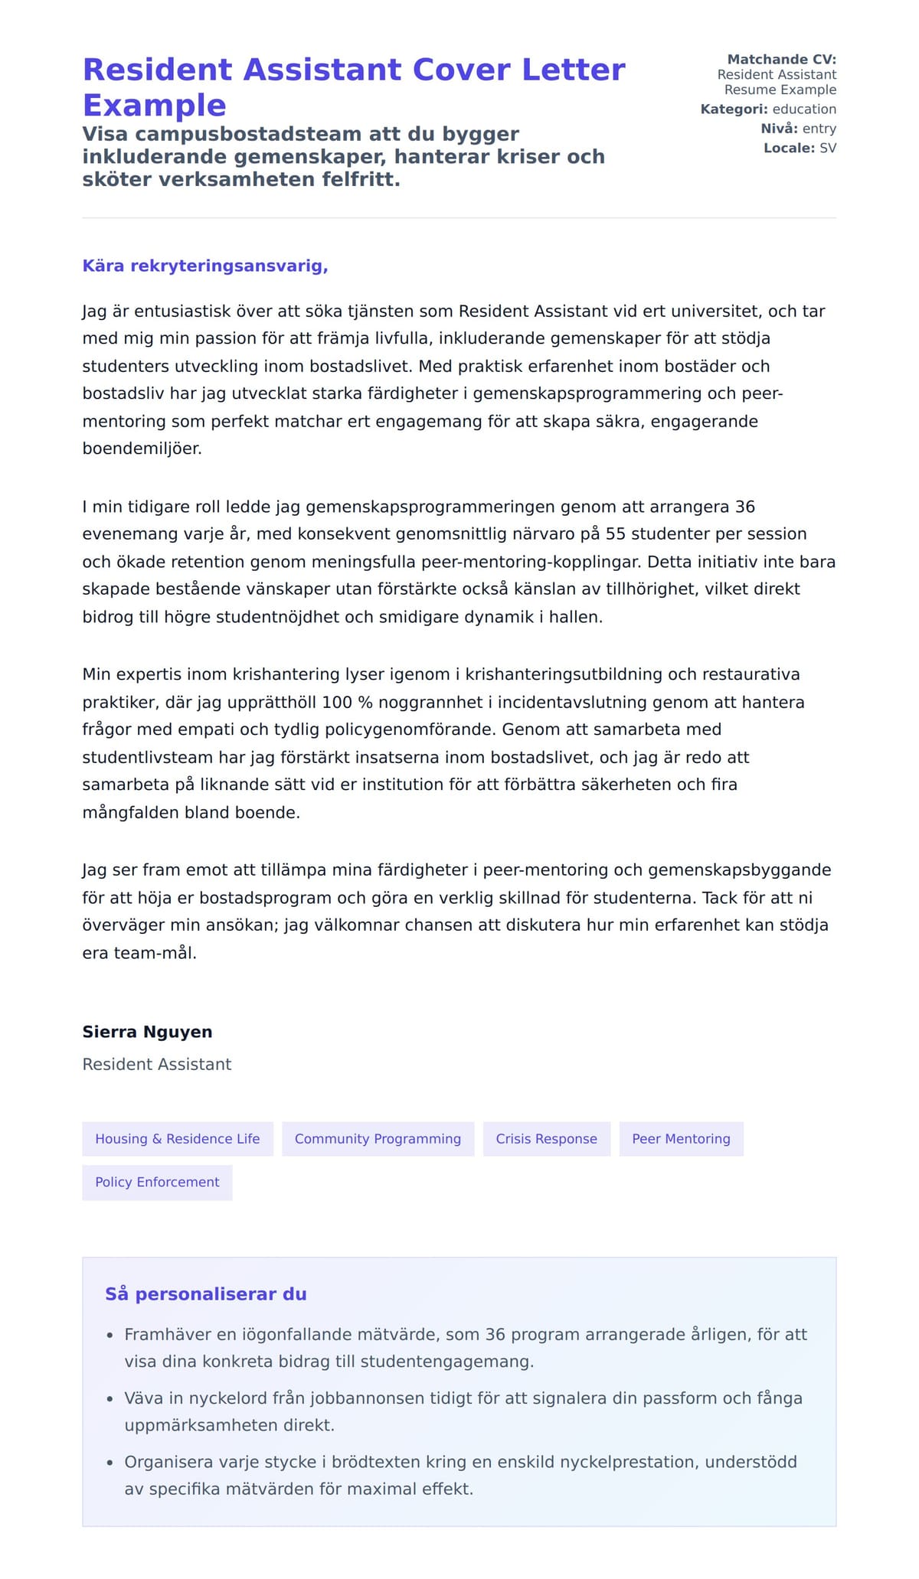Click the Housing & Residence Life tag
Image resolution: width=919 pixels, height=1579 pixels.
[177, 1139]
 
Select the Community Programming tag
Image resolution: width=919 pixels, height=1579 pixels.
[378, 1139]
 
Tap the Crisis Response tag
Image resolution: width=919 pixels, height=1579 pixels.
[546, 1139]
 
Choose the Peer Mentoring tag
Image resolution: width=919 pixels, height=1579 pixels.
[681, 1139]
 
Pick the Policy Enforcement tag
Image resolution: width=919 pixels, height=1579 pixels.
[157, 1183]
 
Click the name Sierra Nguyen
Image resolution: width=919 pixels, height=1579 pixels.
[147, 1032]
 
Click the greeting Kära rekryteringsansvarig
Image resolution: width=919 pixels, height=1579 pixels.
[204, 266]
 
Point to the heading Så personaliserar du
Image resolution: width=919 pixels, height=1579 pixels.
[205, 1294]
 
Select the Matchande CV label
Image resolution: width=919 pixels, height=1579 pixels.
[781, 60]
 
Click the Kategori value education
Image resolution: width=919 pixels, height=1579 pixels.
[804, 109]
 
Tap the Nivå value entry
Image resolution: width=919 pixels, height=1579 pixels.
[819, 129]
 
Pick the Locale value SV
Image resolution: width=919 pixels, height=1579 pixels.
[828, 148]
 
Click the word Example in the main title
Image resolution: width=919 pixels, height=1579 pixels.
[154, 106]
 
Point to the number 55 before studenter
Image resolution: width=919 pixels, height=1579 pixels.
[616, 534]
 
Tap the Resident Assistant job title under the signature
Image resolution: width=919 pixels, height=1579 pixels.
[157, 1065]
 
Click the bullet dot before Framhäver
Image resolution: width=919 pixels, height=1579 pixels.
[110, 1336]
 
